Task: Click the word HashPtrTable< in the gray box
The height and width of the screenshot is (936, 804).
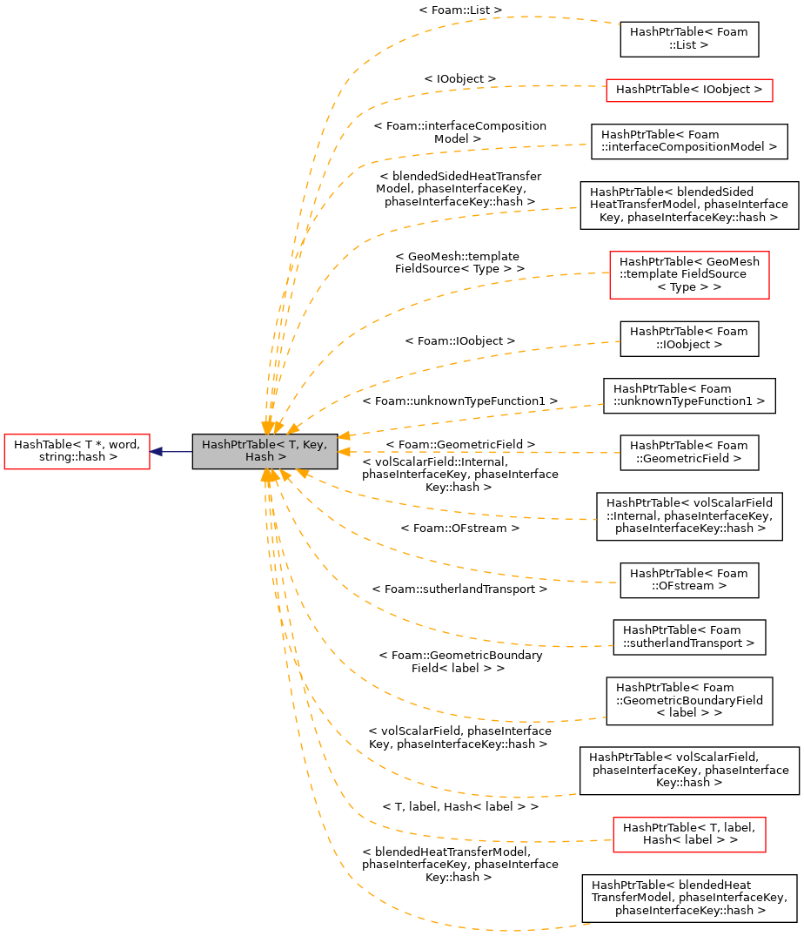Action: tap(237, 445)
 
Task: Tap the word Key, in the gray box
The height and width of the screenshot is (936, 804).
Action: tap(314, 445)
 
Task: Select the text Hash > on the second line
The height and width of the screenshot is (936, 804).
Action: tap(265, 457)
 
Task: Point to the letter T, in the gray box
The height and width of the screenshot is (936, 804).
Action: tap(293, 445)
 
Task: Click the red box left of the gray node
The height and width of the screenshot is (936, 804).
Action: tap(77, 452)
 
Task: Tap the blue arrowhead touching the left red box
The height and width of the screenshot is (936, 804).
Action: tap(157, 452)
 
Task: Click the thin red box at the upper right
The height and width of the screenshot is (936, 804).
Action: tap(689, 91)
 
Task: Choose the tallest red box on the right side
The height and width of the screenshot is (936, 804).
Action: tap(689, 275)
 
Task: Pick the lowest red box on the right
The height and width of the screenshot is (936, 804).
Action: tap(689, 835)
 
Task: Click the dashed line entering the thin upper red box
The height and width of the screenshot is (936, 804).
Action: tap(487, 87)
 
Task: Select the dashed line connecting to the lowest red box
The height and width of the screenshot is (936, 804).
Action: tap(487, 841)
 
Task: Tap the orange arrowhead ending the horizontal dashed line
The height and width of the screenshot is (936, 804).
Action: tap(344, 452)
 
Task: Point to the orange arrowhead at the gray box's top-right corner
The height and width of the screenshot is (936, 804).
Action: tap(344, 434)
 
